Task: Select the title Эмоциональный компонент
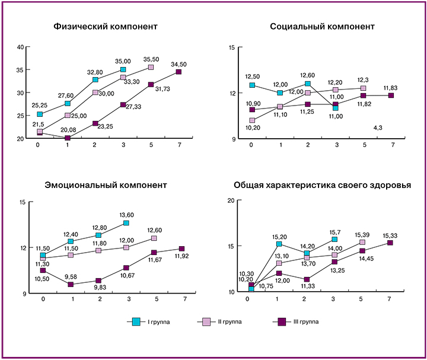106,184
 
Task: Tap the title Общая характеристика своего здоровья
321,184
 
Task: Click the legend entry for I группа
154,321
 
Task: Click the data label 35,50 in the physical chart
152,59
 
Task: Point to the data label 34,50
179,64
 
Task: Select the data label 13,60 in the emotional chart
126,215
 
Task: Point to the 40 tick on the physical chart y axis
20,47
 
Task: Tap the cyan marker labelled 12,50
252,85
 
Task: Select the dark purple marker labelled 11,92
182,249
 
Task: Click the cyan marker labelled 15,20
279,244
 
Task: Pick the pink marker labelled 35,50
151,68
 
